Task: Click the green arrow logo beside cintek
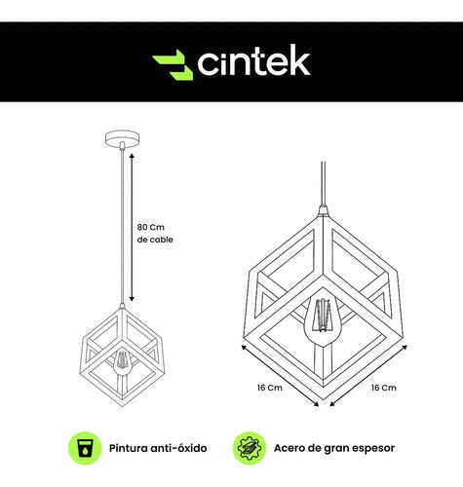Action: (173, 64)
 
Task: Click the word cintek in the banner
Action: (253, 60)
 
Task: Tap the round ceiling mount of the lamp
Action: (123, 138)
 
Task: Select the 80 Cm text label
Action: (151, 227)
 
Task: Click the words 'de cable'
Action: (155, 240)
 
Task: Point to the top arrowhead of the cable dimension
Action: (132, 156)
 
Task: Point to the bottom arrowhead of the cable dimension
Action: (132, 299)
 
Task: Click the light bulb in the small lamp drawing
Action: (122, 363)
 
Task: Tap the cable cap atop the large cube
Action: (323, 210)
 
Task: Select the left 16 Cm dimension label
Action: (270, 388)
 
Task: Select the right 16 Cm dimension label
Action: (384, 388)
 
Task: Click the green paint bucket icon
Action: (85, 448)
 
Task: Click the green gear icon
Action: (250, 448)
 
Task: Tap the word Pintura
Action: (129, 448)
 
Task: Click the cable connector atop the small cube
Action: (122, 306)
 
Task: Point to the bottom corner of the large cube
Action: (324, 387)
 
